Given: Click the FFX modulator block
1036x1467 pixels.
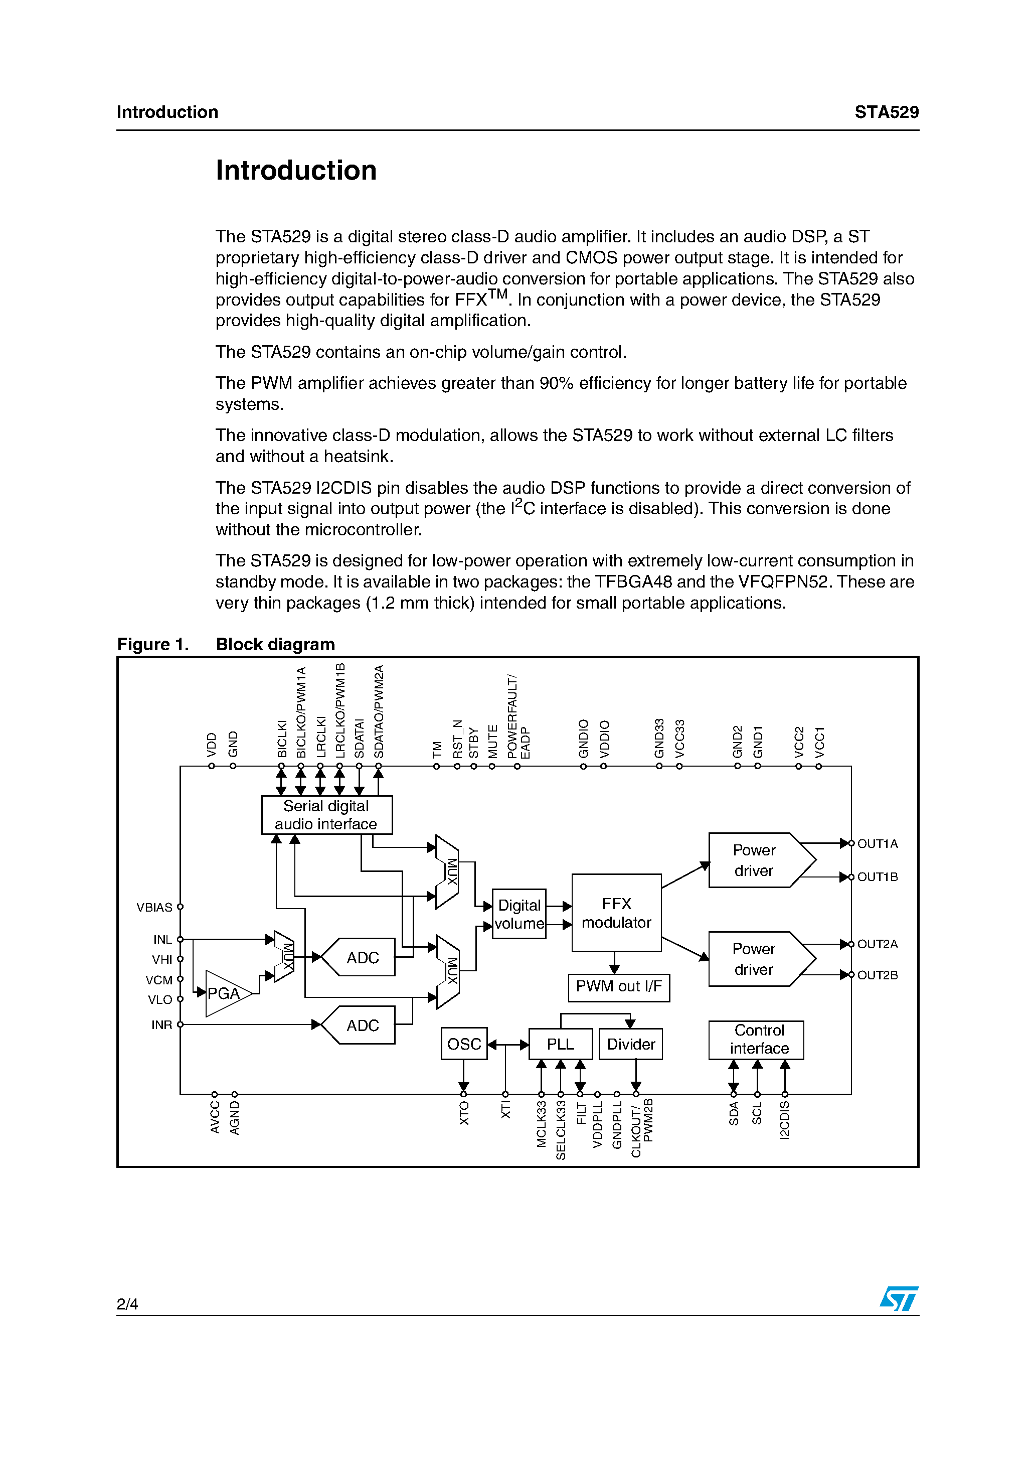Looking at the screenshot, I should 616,913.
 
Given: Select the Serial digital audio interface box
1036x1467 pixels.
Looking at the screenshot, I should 326,815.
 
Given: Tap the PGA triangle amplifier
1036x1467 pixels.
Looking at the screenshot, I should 224,993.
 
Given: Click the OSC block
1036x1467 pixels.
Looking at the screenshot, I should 464,1044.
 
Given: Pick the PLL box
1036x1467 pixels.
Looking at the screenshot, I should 560,1044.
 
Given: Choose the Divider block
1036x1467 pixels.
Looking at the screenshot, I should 630,1044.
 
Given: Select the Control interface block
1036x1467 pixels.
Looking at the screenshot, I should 756,1040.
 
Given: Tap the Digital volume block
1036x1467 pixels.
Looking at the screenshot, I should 519,914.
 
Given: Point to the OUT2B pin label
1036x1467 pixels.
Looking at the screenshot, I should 877,975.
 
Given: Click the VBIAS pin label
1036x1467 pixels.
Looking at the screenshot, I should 154,907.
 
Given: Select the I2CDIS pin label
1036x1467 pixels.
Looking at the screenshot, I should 784,1120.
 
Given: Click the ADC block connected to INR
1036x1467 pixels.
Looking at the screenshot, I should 362,1025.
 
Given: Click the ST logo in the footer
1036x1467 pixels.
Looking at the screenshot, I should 899,1298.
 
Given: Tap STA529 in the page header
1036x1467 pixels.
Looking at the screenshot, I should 886,112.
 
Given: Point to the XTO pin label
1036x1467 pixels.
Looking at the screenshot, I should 464,1112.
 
